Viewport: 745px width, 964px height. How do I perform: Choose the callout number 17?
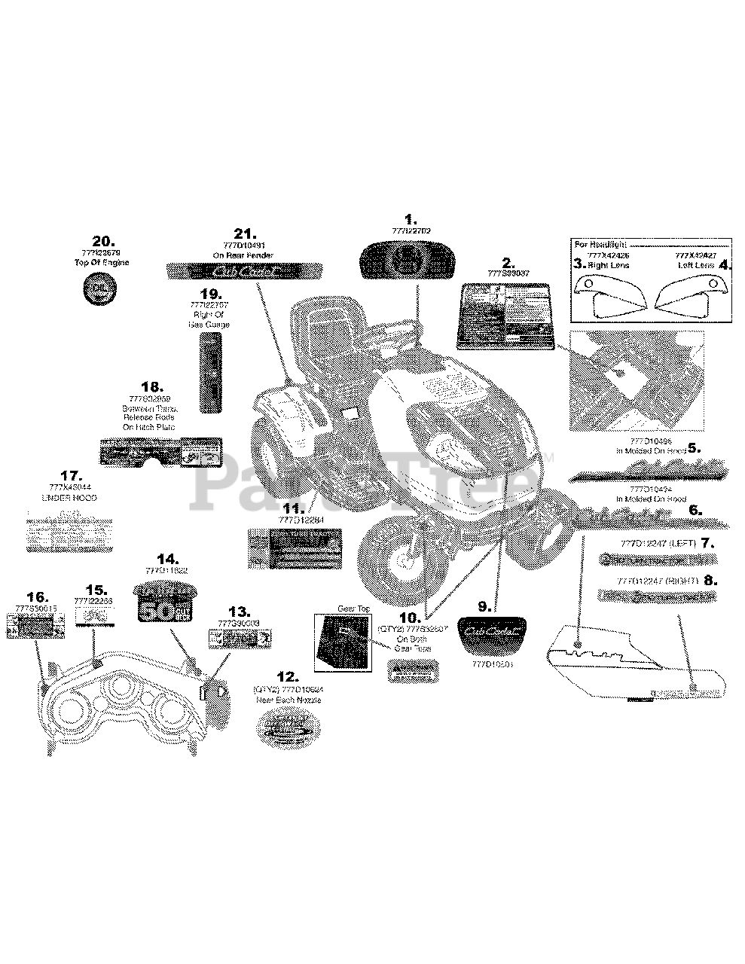(x=71, y=476)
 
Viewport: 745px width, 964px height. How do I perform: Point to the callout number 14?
(x=166, y=559)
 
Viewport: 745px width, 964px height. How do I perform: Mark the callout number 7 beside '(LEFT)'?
(x=707, y=542)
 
